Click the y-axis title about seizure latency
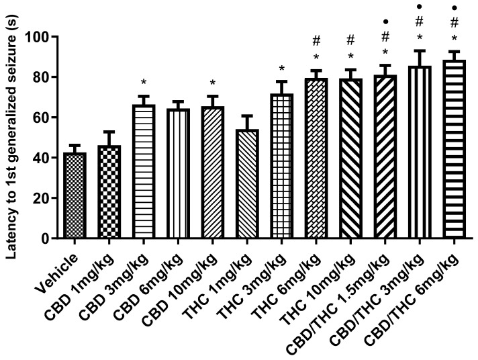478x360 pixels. pos(15,134)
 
